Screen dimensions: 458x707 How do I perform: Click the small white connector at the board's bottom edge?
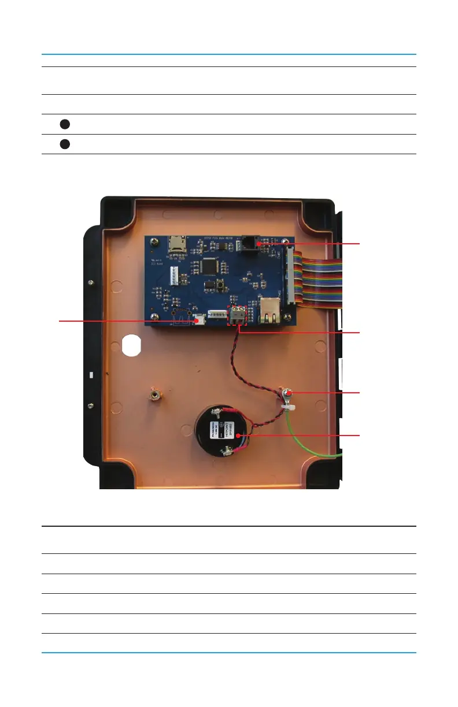[x=200, y=319]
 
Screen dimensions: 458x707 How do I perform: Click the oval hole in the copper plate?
[x=132, y=345]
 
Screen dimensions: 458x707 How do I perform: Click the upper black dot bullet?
[x=65, y=124]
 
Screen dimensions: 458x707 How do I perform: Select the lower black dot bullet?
[x=65, y=144]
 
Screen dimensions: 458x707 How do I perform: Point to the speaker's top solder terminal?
[x=217, y=411]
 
